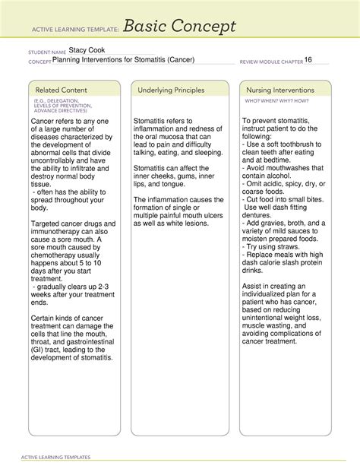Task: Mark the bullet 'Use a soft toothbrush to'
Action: tap(282, 144)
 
